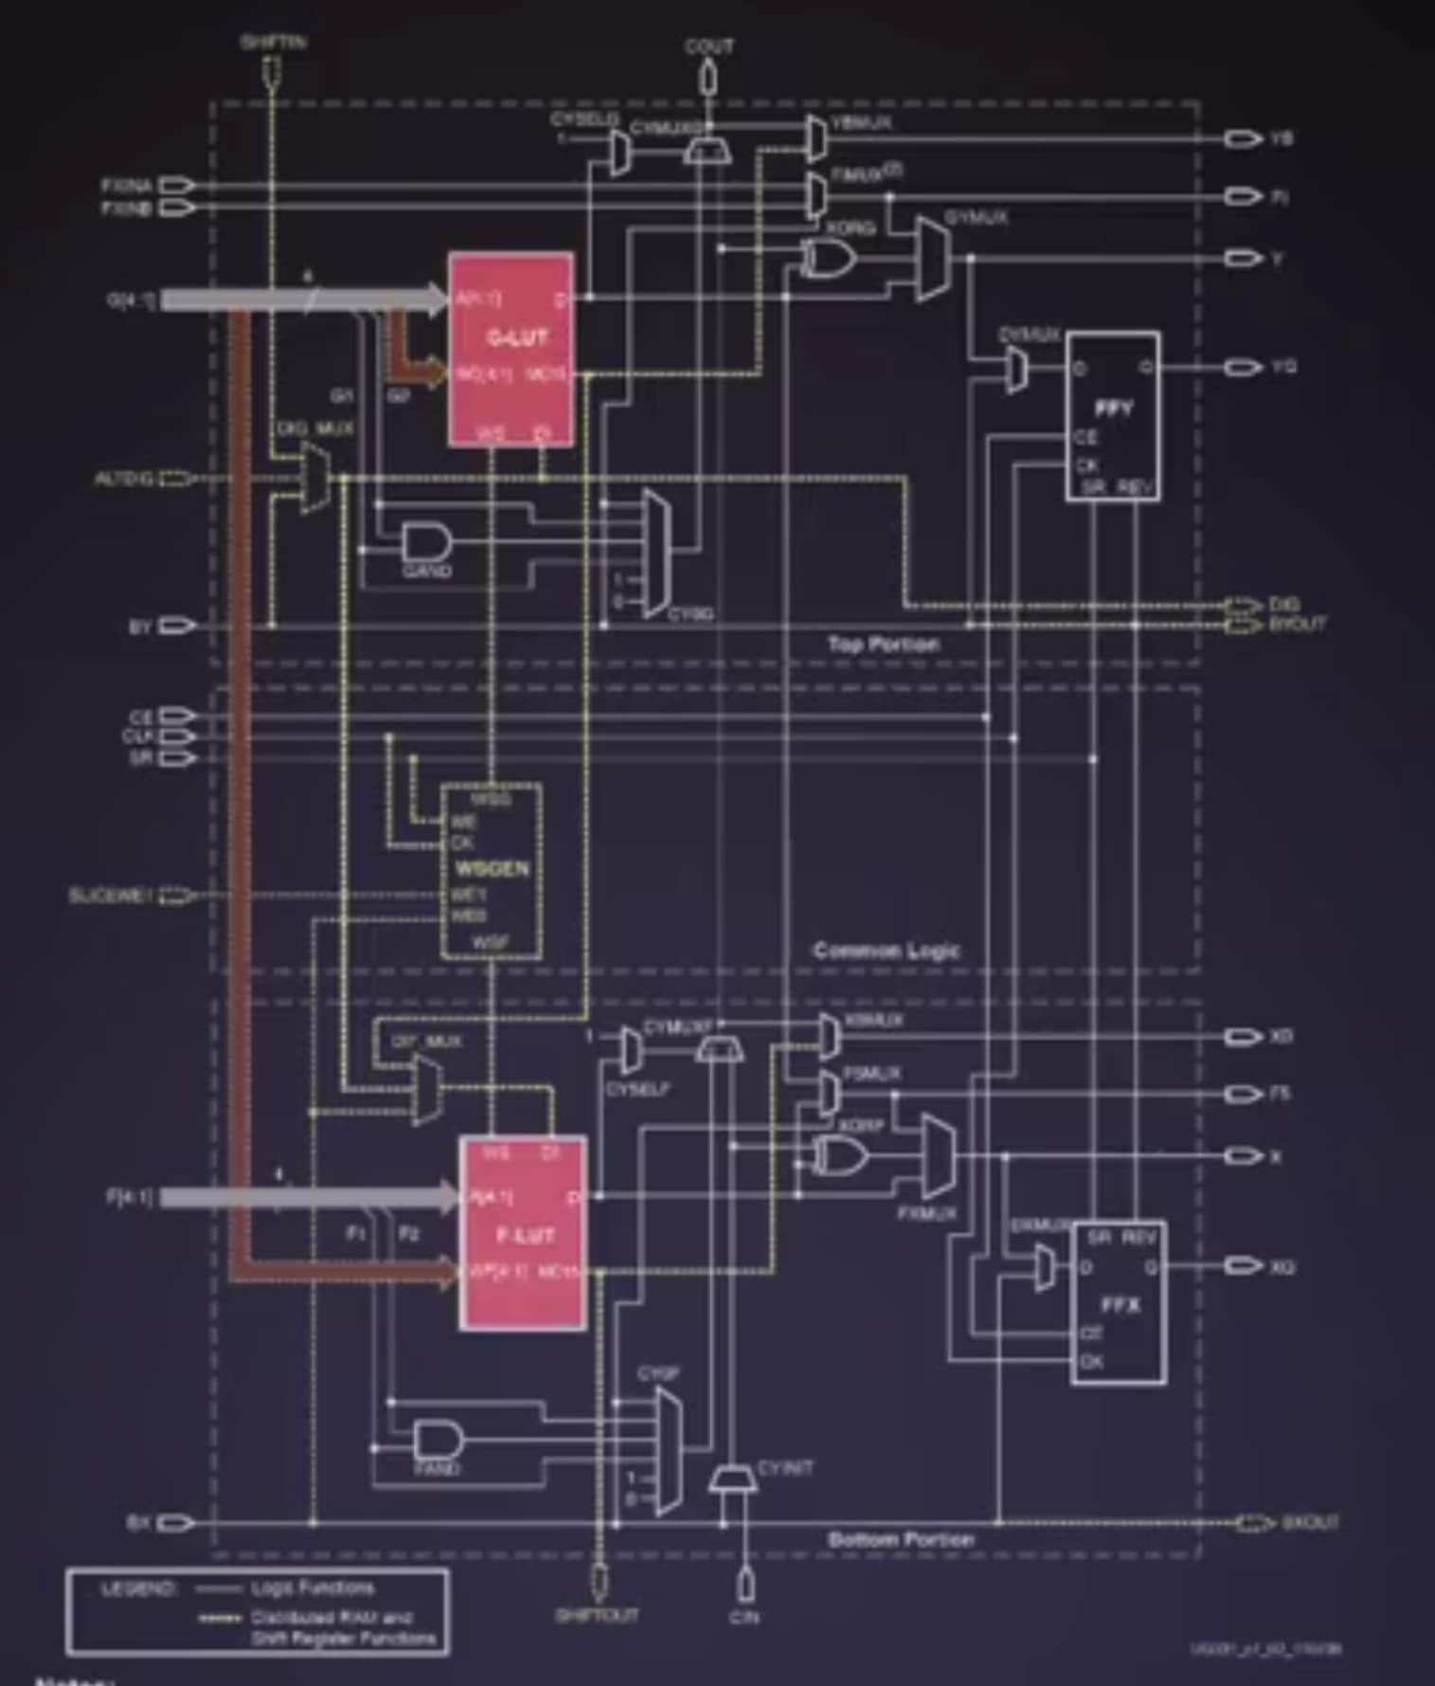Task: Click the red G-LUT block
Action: pyautogui.click(x=511, y=349)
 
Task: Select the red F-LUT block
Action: pyautogui.click(x=523, y=1232)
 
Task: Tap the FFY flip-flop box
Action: pyautogui.click(x=1113, y=415)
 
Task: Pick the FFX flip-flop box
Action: pyautogui.click(x=1119, y=1302)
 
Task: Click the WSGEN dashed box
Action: pyautogui.click(x=492, y=870)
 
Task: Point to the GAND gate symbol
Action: pyautogui.click(x=427, y=543)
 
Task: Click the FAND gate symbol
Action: pyautogui.click(x=439, y=1441)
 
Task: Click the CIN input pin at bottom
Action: pyautogui.click(x=745, y=1583)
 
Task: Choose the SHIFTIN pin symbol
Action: pyautogui.click(x=272, y=70)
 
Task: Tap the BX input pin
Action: pyautogui.click(x=176, y=1523)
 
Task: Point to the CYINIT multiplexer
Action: pyautogui.click(x=732, y=1478)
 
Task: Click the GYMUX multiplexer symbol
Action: pyautogui.click(x=933, y=258)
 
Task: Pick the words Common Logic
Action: pyautogui.click(x=887, y=951)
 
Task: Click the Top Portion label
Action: pyautogui.click(x=884, y=644)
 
